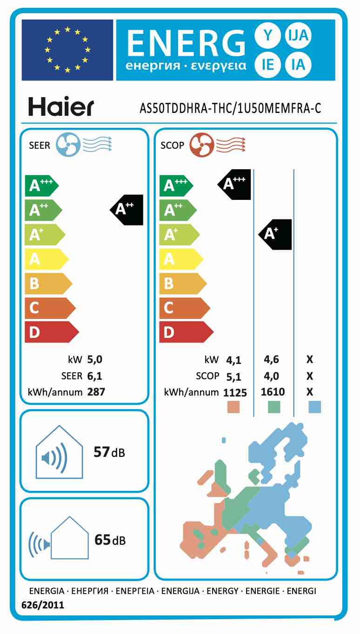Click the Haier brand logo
pyautogui.click(x=60, y=106)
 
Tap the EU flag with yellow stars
pyautogui.click(x=67, y=50)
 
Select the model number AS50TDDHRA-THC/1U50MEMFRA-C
pyautogui.click(x=231, y=108)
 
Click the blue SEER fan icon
pyautogui.click(x=68, y=145)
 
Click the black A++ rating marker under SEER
pyautogui.click(x=127, y=209)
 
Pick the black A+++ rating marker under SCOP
pyautogui.click(x=235, y=184)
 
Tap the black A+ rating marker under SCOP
pyautogui.click(x=275, y=234)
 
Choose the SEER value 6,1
pyautogui.click(x=94, y=376)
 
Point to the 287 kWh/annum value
pyautogui.click(x=96, y=392)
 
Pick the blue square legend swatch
pyautogui.click(x=315, y=407)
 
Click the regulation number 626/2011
pyautogui.click(x=43, y=605)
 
